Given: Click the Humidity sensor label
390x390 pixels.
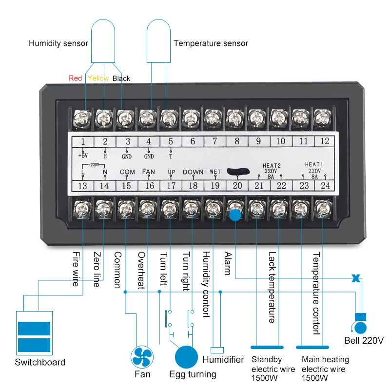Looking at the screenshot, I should tap(58, 43).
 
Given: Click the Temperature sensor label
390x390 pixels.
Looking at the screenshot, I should tap(211, 43).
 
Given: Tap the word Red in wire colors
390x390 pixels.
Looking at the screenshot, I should tap(76, 78).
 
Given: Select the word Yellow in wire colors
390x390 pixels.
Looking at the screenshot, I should tap(98, 78).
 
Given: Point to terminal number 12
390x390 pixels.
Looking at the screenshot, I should tap(325, 141).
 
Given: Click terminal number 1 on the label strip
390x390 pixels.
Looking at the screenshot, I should tap(83, 142).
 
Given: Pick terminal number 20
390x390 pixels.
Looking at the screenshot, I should tap(237, 185).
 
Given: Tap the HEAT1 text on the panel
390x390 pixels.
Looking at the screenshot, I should tap(314, 164).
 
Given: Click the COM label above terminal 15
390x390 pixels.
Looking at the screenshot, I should tap(127, 172).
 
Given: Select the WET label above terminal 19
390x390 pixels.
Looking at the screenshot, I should tap(215, 172).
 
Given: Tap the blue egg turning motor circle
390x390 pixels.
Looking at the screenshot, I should tap(187, 357).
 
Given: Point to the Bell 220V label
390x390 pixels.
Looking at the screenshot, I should tap(364, 340).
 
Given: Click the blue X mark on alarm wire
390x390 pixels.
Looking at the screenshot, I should tap(356, 279).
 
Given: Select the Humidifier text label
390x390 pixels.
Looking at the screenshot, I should tap(223, 360).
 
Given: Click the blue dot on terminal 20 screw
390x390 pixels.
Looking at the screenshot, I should tap(235, 215).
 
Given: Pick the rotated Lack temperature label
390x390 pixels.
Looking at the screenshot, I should tap(272, 287).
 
